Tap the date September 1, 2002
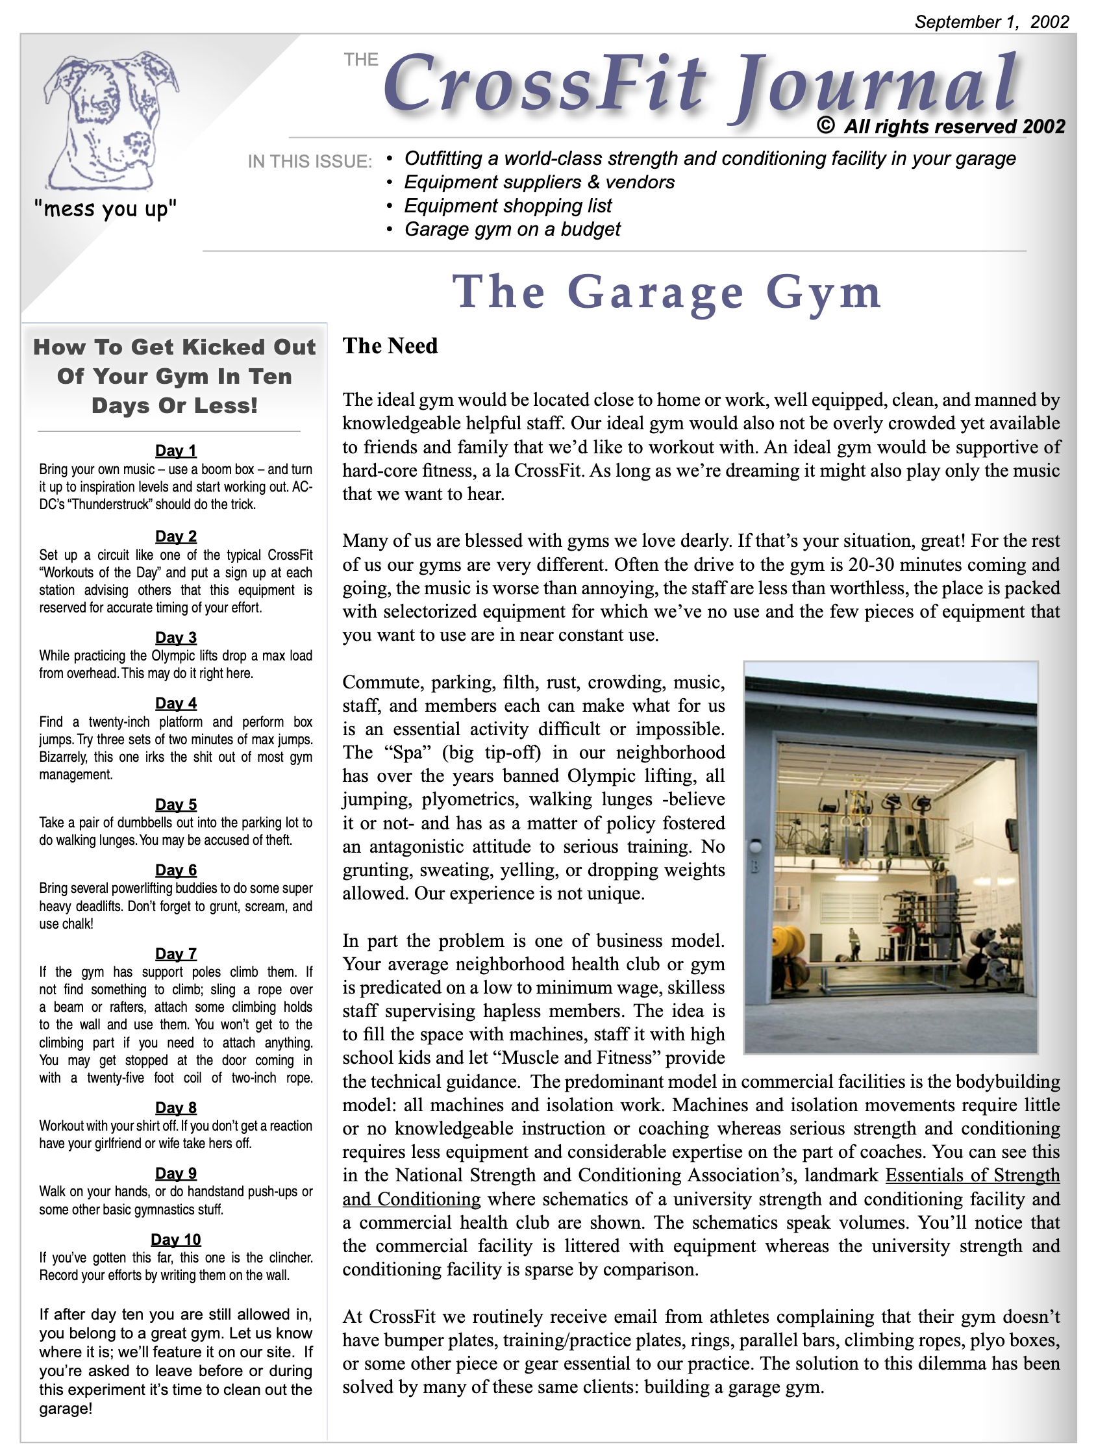pyautogui.click(x=991, y=21)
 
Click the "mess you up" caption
pyautogui.click(x=105, y=209)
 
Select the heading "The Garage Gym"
pyautogui.click(x=666, y=292)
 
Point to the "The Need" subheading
pyautogui.click(x=390, y=346)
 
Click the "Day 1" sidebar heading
pyautogui.click(x=176, y=451)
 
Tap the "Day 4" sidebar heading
pyautogui.click(x=176, y=703)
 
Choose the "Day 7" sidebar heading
pyautogui.click(x=176, y=954)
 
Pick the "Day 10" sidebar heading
pyautogui.click(x=176, y=1240)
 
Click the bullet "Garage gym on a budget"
pyautogui.click(x=512, y=229)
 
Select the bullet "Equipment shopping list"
pyautogui.click(x=508, y=206)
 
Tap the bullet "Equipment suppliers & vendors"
pyautogui.click(x=539, y=182)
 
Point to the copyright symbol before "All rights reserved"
pyautogui.click(x=825, y=125)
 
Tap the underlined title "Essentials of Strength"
pyautogui.click(x=972, y=1175)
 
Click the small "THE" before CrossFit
pyautogui.click(x=361, y=60)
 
